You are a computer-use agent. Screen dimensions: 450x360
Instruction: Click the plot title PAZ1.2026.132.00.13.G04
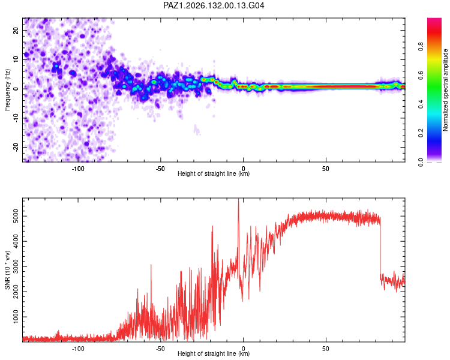coord(214,5)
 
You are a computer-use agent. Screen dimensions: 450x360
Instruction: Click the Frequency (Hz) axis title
coord(7,90)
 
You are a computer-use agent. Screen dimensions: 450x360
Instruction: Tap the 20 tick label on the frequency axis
coord(16,30)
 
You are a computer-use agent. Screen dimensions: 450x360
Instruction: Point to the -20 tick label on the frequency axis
coord(16,147)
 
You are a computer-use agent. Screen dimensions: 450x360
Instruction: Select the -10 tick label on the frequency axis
coord(16,118)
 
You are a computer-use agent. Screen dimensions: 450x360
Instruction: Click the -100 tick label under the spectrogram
coord(78,169)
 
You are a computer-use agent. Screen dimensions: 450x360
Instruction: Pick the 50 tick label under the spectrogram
coord(325,169)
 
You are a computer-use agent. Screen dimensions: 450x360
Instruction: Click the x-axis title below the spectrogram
coord(214,173)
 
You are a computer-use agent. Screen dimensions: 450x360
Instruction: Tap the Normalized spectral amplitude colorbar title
coord(445,90)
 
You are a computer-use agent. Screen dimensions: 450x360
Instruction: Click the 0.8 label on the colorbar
coord(421,46)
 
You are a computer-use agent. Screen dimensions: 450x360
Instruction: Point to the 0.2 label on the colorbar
coord(421,133)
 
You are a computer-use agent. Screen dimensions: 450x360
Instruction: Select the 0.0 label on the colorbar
coord(421,162)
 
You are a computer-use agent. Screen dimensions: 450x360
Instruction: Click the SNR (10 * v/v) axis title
coord(7,270)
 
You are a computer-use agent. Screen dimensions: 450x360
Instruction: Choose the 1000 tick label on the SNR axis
coord(16,317)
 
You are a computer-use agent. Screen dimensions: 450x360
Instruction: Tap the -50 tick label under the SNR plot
coord(160,349)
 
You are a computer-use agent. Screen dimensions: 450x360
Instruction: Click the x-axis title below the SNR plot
coord(214,353)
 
